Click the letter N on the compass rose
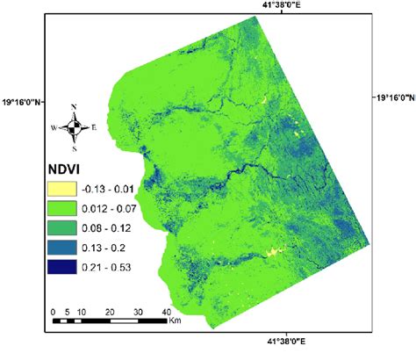point(74,107)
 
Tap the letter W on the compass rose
point(54,128)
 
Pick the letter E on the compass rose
point(94,128)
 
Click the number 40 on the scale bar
point(166,312)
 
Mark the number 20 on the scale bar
point(111,312)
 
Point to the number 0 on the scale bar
point(54,312)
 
